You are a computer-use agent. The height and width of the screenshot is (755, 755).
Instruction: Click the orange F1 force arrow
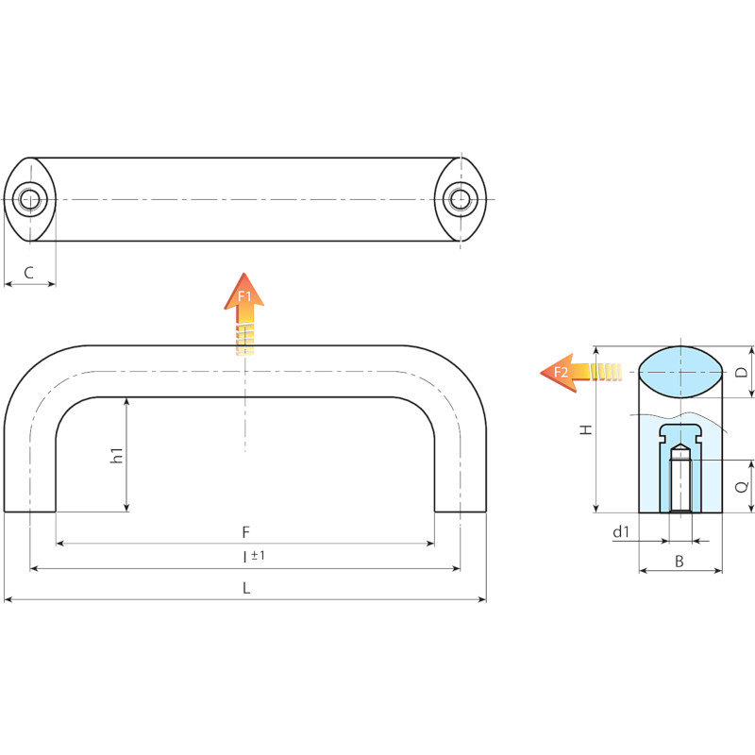[x=244, y=313]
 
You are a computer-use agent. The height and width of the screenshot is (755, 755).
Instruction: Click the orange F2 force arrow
[x=580, y=372]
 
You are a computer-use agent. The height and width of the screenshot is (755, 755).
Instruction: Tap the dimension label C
[x=29, y=273]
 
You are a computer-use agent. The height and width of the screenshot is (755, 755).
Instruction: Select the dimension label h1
[x=116, y=456]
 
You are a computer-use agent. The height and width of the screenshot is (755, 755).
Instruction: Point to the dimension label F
[x=245, y=532]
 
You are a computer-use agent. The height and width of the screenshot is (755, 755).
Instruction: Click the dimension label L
[x=246, y=588]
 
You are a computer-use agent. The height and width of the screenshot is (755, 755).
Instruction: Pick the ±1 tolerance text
[x=258, y=555]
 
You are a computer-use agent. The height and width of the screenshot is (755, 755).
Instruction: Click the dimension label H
[x=585, y=429]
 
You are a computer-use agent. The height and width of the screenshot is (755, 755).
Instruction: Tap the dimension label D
[x=742, y=372]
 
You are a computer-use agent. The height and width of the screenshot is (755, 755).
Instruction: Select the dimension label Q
[x=742, y=487]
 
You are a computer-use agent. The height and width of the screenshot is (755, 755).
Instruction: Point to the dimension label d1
[x=621, y=531]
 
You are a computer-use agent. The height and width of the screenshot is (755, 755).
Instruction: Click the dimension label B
[x=679, y=561]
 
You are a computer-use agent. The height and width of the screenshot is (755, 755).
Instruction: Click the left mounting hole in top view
[x=30, y=199]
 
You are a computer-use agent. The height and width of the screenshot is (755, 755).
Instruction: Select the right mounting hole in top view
[x=461, y=199]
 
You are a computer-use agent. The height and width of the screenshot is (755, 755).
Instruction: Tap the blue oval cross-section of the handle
[x=680, y=372]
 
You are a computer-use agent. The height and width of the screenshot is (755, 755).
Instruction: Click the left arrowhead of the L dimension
[x=8, y=600]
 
